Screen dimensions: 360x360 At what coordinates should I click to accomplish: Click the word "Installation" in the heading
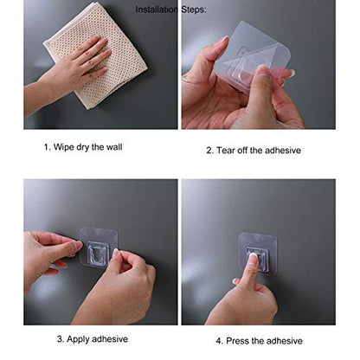pos(157,10)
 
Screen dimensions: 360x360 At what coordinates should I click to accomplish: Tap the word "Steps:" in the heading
pos(194,10)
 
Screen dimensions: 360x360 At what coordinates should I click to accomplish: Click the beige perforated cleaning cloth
pos(95,55)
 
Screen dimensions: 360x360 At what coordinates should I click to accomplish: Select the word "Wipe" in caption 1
pos(63,147)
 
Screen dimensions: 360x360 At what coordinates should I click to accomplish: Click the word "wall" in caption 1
pos(114,147)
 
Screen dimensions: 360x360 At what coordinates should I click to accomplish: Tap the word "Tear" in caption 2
pos(226,151)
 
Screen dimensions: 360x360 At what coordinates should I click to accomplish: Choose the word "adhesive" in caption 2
pos(283,151)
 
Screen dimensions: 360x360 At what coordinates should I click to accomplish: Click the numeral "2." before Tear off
pos(209,151)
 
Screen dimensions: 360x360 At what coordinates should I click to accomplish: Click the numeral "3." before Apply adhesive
pos(61,339)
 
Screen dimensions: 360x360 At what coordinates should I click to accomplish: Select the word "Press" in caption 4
pos(237,341)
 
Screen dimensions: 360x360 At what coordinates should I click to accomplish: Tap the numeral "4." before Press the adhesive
pos(220,341)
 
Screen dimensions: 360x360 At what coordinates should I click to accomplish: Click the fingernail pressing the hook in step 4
pos(254,256)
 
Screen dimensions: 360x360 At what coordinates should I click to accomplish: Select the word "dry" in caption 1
pos(83,148)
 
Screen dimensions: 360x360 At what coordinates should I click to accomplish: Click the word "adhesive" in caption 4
pos(284,341)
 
